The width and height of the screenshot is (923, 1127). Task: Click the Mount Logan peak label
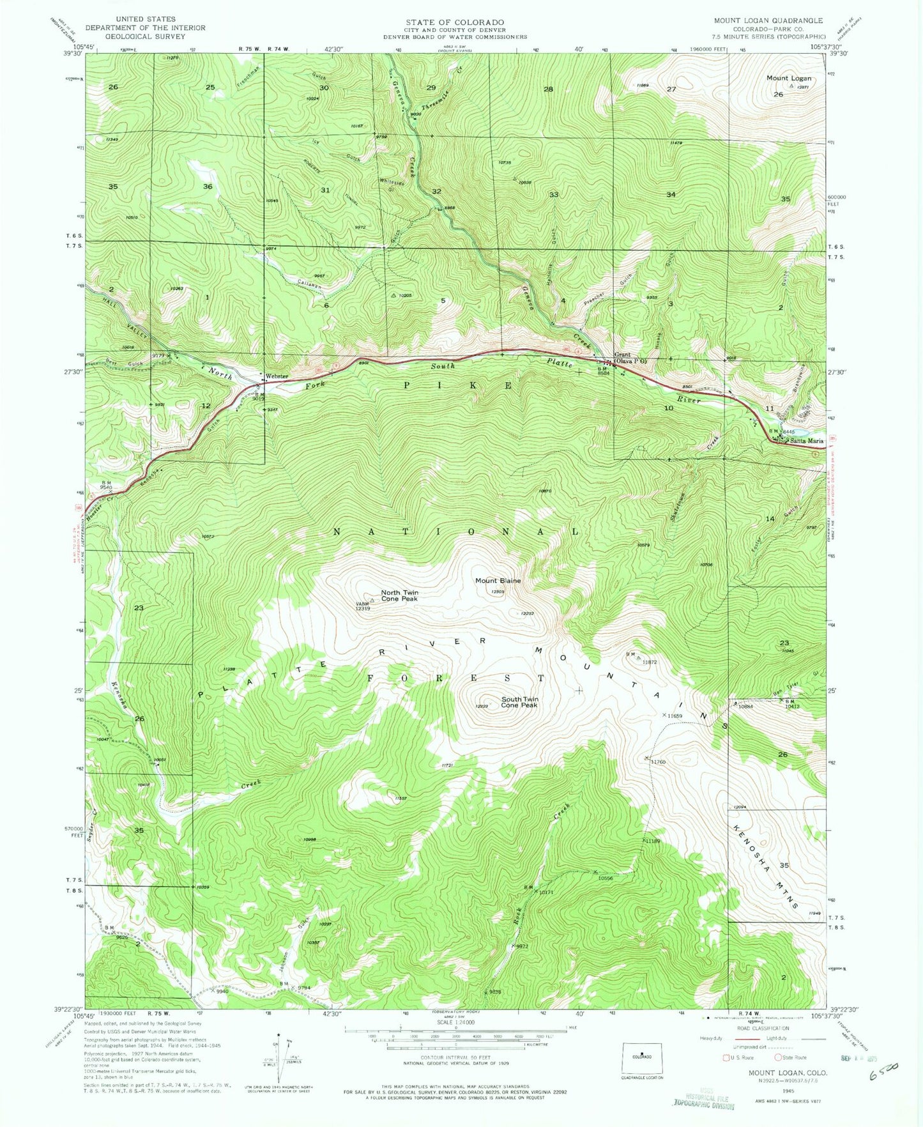coord(789,78)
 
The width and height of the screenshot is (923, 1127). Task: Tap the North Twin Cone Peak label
coord(400,595)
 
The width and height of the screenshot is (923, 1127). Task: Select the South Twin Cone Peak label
coord(519,702)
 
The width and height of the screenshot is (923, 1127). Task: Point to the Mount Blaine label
coord(498,581)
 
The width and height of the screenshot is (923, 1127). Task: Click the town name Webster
coord(278,376)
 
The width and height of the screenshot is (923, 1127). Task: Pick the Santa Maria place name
coord(807,441)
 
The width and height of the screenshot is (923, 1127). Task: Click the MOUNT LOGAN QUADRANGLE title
coord(768,20)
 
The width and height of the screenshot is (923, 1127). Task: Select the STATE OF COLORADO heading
coord(454,22)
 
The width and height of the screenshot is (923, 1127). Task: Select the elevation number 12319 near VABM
coord(362,609)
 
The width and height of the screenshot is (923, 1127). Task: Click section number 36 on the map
coord(207,187)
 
